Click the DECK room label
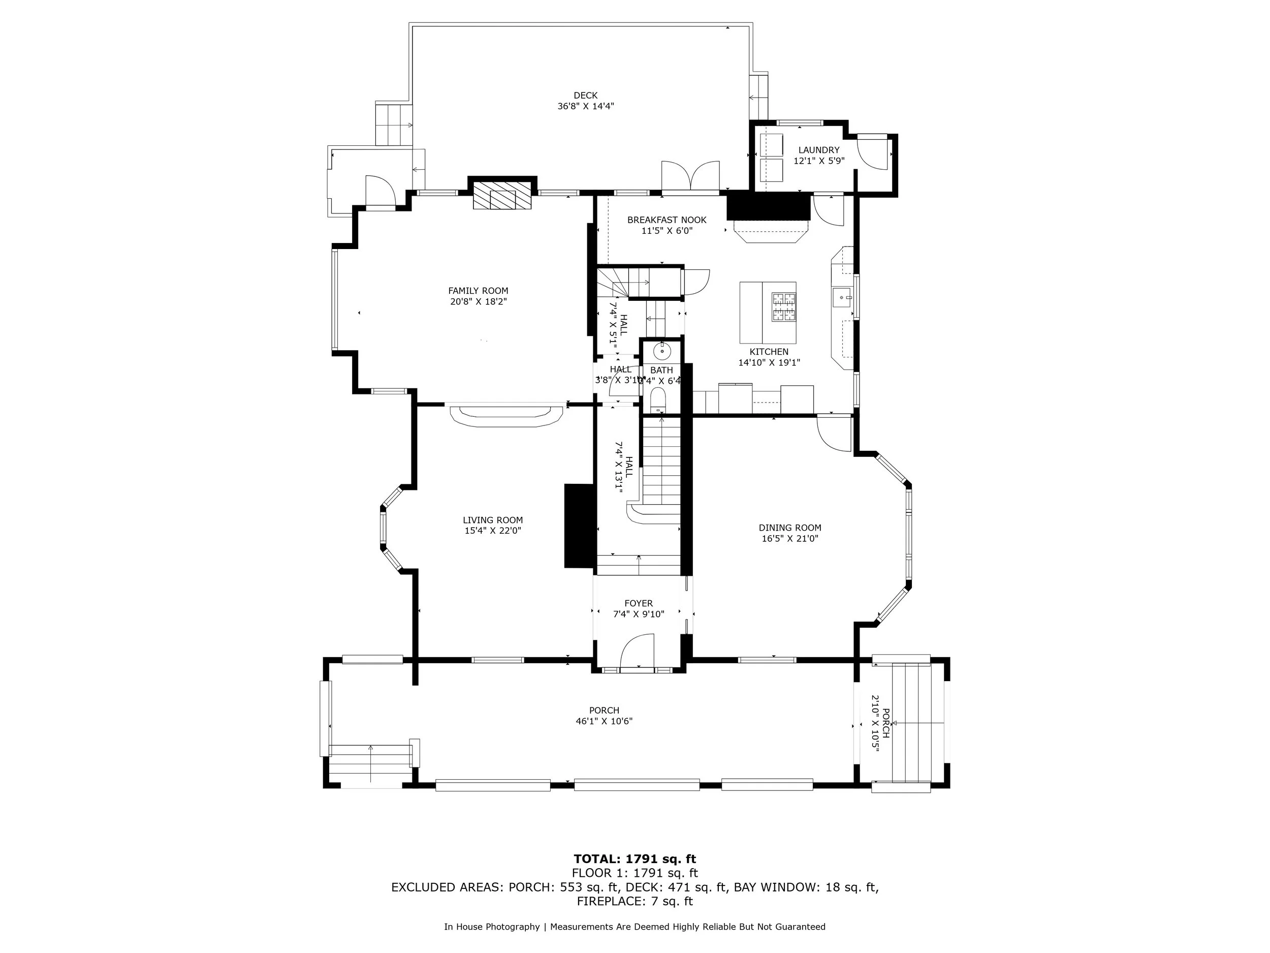[x=585, y=96]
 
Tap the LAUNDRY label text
[x=818, y=150]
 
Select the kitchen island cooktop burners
[x=783, y=306]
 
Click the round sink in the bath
[x=662, y=349]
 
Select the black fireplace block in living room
[x=579, y=526]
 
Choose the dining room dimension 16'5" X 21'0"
[x=789, y=538]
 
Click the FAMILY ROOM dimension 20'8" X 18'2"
[x=478, y=301]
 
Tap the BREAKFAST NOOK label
[x=666, y=220]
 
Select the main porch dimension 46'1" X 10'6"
[x=604, y=722]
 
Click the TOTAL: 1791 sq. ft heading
[x=634, y=859]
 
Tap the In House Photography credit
[x=491, y=927]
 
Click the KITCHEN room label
[x=768, y=352]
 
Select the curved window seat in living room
[x=506, y=416]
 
